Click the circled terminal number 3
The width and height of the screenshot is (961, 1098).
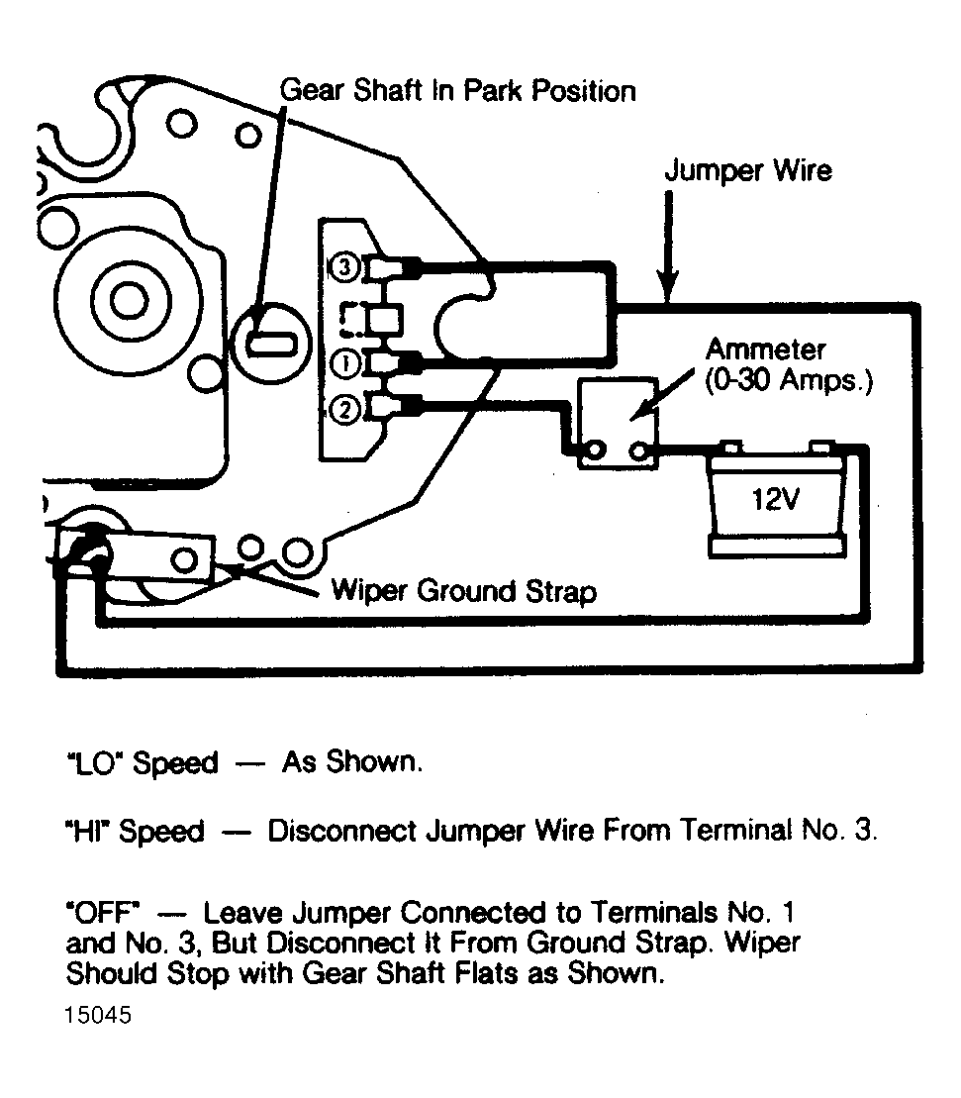tap(344, 266)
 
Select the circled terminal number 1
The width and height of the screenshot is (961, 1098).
tap(344, 363)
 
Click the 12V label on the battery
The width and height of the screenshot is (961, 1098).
tap(776, 499)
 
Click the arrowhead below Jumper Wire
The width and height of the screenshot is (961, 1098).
tap(668, 286)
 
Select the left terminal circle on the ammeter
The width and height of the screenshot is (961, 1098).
tap(596, 449)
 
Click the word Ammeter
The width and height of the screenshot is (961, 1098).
tap(766, 349)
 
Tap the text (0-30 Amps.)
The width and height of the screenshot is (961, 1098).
tap(789, 381)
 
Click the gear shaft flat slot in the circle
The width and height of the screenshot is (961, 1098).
tap(271, 344)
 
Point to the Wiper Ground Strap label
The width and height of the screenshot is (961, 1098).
tap(464, 591)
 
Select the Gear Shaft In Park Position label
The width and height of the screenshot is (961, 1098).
tap(458, 91)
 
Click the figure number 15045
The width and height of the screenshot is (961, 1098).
tap(98, 1016)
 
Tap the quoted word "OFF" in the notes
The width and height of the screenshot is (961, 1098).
tap(103, 913)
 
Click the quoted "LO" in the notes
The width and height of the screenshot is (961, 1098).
tap(93, 763)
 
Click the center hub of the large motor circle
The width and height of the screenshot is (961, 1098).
tap(130, 301)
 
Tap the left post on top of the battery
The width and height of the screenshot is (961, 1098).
tap(730, 448)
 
